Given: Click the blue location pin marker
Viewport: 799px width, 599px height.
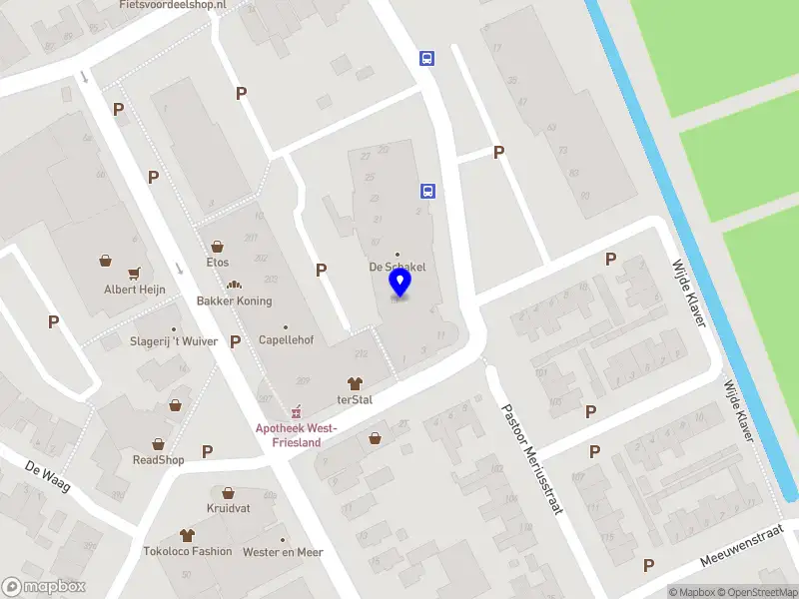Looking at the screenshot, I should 399,283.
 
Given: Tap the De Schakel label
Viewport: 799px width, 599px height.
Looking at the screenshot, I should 398,268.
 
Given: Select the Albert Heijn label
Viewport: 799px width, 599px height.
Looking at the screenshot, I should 134,290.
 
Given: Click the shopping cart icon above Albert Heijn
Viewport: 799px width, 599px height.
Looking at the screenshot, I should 134,273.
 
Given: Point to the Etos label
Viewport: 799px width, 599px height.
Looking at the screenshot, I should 218,263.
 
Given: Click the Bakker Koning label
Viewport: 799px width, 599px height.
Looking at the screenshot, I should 235,300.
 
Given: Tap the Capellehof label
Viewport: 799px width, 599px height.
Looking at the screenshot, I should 286,340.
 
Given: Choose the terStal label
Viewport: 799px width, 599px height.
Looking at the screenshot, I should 355,399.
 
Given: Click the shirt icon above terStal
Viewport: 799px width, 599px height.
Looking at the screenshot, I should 355,382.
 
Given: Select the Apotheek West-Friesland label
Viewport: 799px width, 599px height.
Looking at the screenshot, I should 297,434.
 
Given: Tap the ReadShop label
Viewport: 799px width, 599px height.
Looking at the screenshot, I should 159,460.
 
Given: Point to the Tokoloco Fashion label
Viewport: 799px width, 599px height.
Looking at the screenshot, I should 188,551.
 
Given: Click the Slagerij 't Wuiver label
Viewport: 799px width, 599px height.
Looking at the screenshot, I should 173,340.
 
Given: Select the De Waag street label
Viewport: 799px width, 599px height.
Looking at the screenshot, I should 46,469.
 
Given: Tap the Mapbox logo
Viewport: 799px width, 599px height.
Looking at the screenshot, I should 44,587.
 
